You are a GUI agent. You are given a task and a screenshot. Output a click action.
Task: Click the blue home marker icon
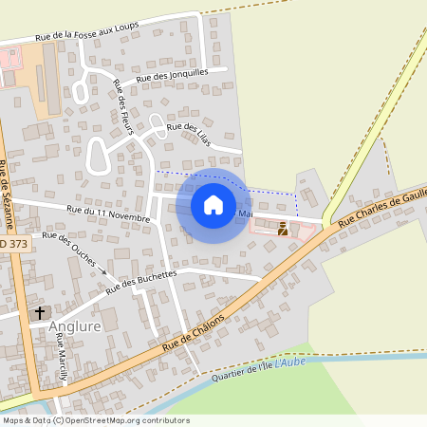213,204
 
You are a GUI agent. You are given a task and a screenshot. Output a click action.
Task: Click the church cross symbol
40,311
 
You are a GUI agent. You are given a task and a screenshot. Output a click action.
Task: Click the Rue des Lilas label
188,133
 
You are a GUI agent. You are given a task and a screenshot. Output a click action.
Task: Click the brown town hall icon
283,227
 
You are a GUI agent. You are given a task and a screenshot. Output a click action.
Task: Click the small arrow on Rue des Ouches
104,271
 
